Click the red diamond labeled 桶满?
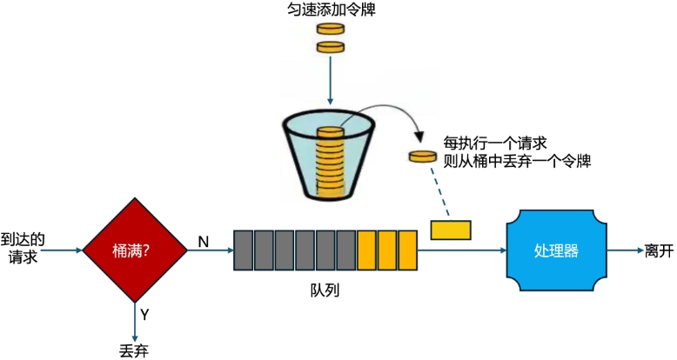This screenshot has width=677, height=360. pyautogui.click(x=134, y=250)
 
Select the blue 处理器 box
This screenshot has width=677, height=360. pyautogui.click(x=555, y=250)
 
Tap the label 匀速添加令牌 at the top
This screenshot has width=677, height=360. pyautogui.click(x=331, y=10)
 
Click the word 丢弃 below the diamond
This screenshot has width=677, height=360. pyautogui.click(x=135, y=349)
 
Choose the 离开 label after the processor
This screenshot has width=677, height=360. pyautogui.click(x=659, y=250)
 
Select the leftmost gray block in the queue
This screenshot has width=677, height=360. pyautogui.click(x=243, y=250)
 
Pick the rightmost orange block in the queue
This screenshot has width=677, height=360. pyautogui.click(x=408, y=250)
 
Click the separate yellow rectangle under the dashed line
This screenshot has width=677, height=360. pyautogui.click(x=451, y=229)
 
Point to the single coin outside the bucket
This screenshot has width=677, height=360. pyautogui.click(x=423, y=157)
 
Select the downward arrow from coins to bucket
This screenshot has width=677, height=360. pyautogui.click(x=330, y=83)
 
